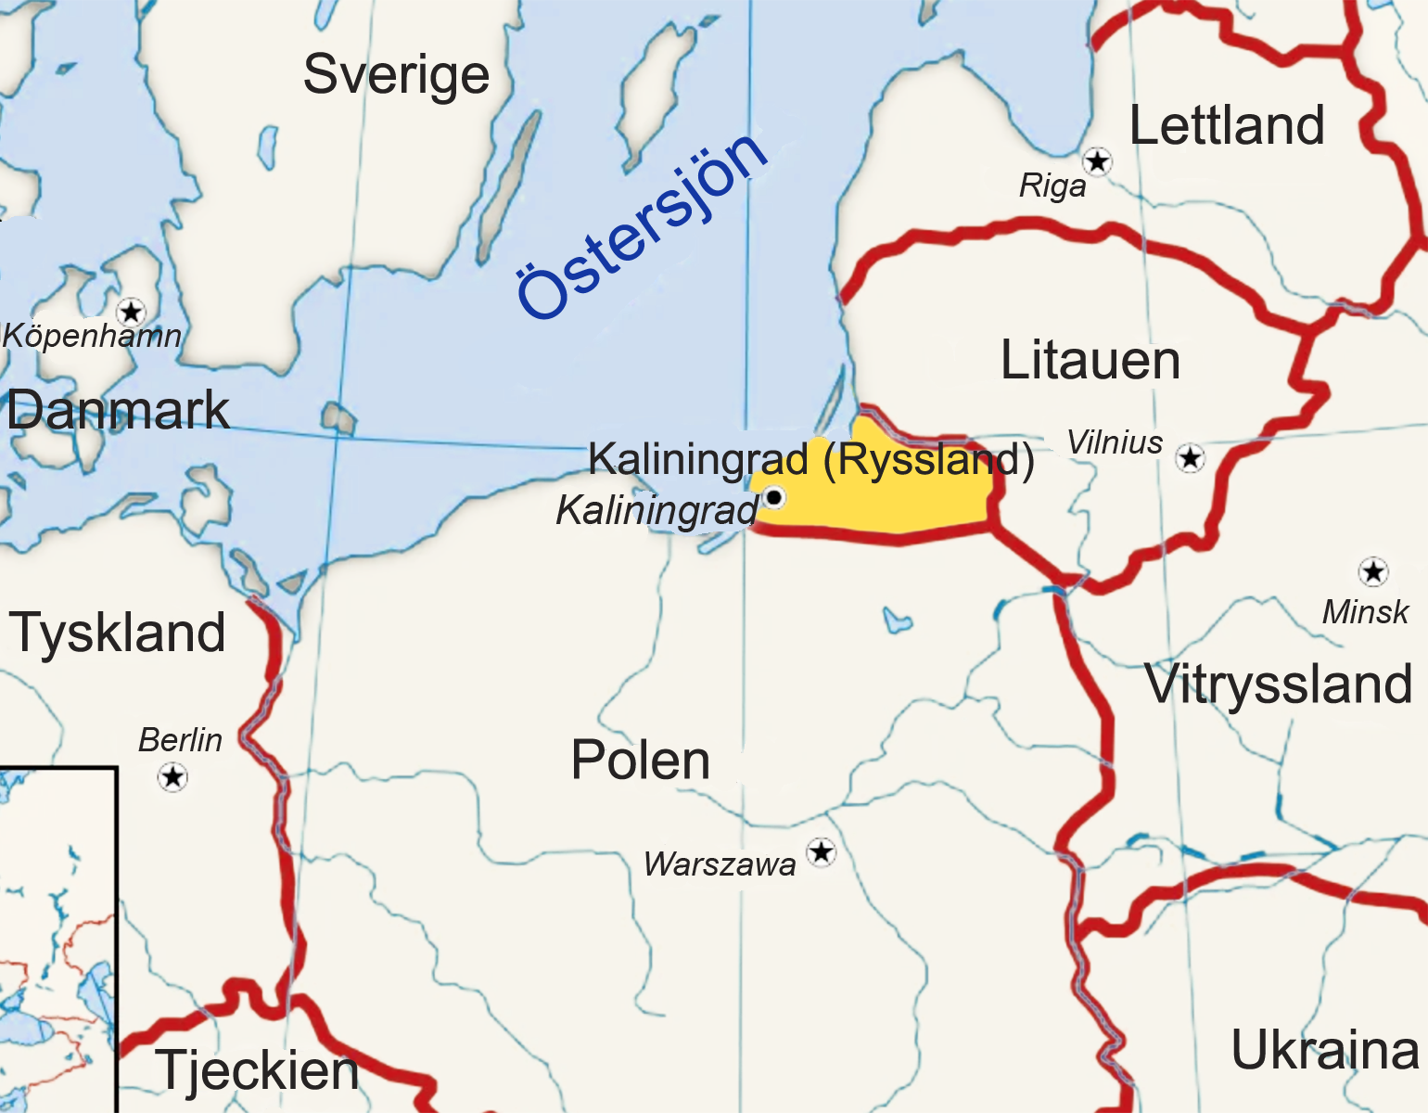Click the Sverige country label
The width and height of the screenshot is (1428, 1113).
tap(396, 74)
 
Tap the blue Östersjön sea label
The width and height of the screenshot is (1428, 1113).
tap(642, 224)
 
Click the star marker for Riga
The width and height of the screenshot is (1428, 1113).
tap(1098, 162)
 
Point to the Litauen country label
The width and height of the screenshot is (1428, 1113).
tap(1090, 361)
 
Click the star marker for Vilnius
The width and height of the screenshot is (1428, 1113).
tap(1191, 457)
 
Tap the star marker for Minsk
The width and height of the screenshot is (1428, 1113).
tap(1372, 571)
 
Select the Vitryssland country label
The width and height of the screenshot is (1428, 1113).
tap(1278, 684)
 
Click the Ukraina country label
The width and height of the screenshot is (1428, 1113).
tap(1324, 1051)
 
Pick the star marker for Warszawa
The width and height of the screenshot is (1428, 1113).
tap(821, 851)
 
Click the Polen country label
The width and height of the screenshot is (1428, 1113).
tap(640, 761)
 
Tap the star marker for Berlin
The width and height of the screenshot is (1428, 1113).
tap(173, 775)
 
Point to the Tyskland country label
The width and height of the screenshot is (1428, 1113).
tap(118, 633)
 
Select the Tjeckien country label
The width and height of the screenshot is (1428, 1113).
tap(257, 1070)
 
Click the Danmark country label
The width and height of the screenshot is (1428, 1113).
tap(118, 410)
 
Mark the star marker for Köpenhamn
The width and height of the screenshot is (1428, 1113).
tap(131, 311)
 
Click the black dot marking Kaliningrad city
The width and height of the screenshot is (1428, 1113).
tap(773, 498)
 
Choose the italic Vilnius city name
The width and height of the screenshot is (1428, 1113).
tap(1115, 443)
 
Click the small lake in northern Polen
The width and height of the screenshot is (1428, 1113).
tap(897, 620)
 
